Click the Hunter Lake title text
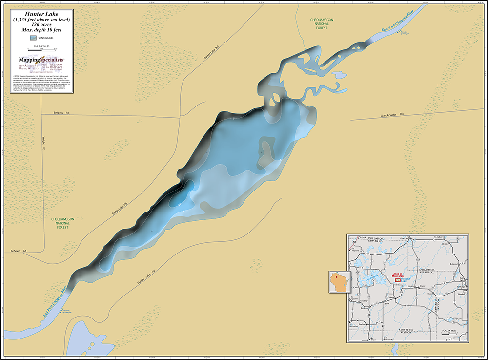[x=39, y=14]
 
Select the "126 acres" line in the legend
[x=39, y=24]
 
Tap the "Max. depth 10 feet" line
[x=39, y=29]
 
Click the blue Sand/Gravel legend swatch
[x=33, y=37]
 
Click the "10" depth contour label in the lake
[x=180, y=203]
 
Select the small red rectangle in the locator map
[x=398, y=280]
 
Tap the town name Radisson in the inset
[x=364, y=308]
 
